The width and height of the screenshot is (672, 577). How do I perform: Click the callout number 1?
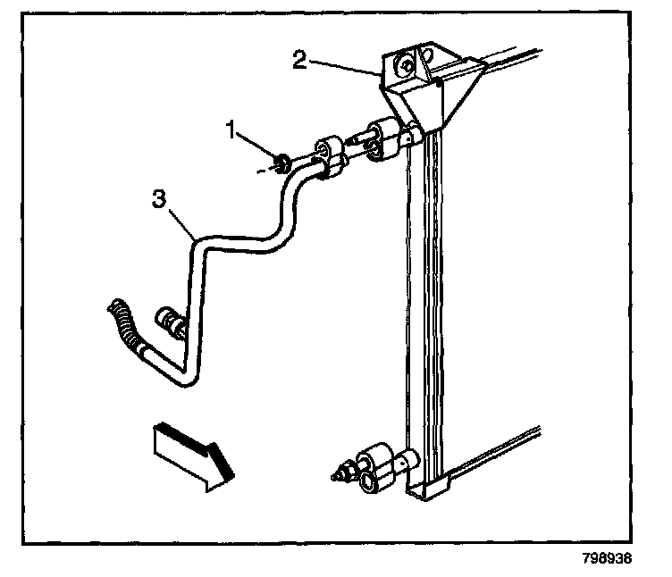231,130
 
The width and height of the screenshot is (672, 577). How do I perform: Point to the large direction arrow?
191,454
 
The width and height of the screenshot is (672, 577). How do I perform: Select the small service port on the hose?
169,318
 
